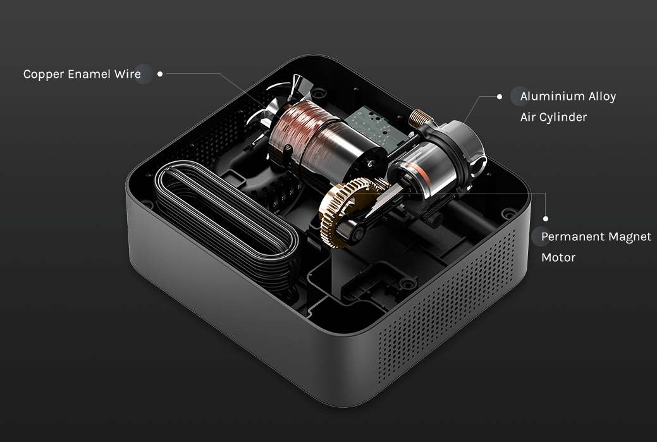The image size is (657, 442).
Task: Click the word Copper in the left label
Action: [x=44, y=75]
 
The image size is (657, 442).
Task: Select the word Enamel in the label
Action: [x=89, y=74]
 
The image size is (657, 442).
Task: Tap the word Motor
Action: [x=558, y=257]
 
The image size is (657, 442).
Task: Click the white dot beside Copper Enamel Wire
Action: [x=159, y=74]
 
